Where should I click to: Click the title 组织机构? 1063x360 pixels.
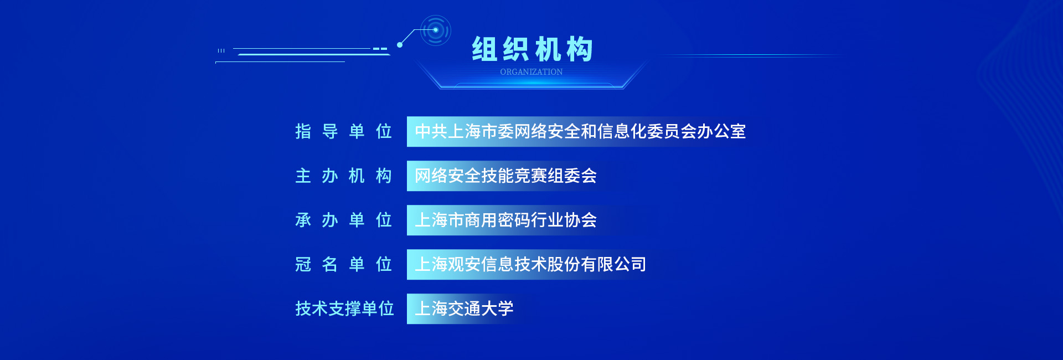click(532, 49)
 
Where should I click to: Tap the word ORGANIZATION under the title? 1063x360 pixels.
click(531, 72)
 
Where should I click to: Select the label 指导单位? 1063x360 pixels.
click(344, 131)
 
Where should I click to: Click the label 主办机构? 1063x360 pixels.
click(344, 176)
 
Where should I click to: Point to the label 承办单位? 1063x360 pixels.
click(344, 220)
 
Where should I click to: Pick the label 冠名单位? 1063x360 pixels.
click(344, 264)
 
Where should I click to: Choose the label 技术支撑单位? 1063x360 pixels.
click(344, 308)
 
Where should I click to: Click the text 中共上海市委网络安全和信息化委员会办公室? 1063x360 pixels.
click(580, 131)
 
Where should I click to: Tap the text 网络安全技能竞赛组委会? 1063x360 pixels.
click(505, 176)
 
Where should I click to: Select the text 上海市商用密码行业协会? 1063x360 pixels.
click(505, 220)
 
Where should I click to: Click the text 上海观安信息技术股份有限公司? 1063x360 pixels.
click(530, 264)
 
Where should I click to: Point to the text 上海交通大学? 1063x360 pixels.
click(464, 308)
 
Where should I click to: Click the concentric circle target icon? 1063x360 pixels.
click(436, 30)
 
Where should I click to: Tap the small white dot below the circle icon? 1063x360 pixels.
click(400, 45)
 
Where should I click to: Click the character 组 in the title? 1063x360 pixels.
click(484, 49)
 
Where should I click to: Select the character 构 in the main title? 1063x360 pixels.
click(580, 49)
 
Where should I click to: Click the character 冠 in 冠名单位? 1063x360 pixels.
click(303, 264)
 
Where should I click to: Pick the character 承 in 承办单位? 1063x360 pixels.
click(303, 220)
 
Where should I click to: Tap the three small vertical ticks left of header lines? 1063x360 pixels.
click(221, 50)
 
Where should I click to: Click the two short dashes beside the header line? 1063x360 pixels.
click(380, 49)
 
